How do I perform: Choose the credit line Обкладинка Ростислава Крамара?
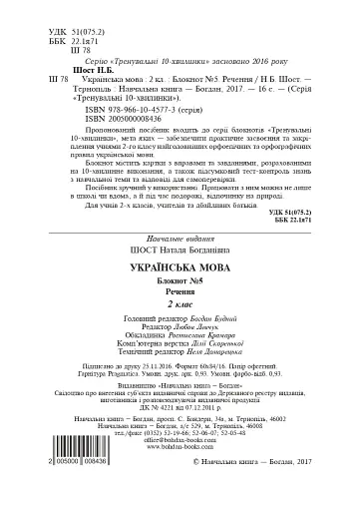click(x=180, y=336)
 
